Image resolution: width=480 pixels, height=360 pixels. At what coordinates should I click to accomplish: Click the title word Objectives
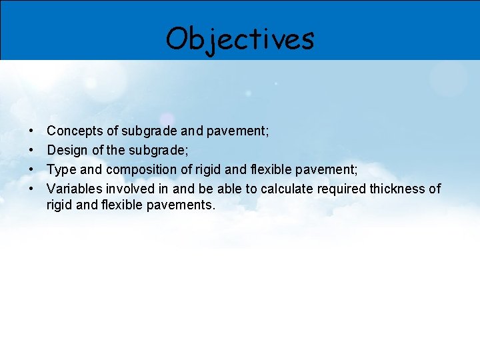tap(239, 39)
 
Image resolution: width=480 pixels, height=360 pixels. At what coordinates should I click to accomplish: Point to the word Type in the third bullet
tap(61, 170)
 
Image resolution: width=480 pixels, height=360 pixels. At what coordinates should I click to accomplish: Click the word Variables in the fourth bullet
tap(73, 189)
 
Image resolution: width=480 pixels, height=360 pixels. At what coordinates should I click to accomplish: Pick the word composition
tap(140, 170)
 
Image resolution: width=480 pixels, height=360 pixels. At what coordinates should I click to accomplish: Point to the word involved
tap(129, 189)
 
